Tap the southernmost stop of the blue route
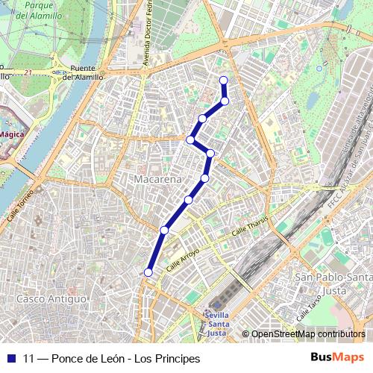pyautogui.click(x=148, y=273)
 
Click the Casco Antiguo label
pyautogui.click(x=51, y=298)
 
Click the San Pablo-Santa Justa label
pyautogui.click(x=333, y=283)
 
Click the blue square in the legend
pyautogui.click(x=11, y=358)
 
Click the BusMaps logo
pyautogui.click(x=337, y=357)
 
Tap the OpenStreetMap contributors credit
pyautogui.click(x=308, y=334)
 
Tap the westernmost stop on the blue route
pyautogui.click(x=148, y=273)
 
